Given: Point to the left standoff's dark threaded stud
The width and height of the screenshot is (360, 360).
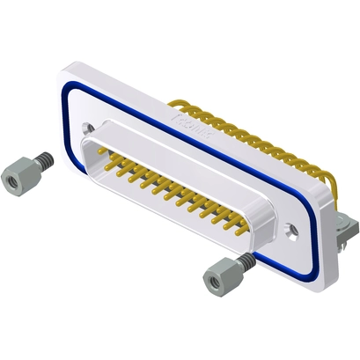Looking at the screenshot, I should click(42, 160).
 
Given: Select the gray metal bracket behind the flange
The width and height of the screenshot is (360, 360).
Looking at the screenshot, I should click(346, 231).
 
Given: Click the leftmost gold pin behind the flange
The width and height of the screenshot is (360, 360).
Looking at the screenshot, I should click(176, 104).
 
